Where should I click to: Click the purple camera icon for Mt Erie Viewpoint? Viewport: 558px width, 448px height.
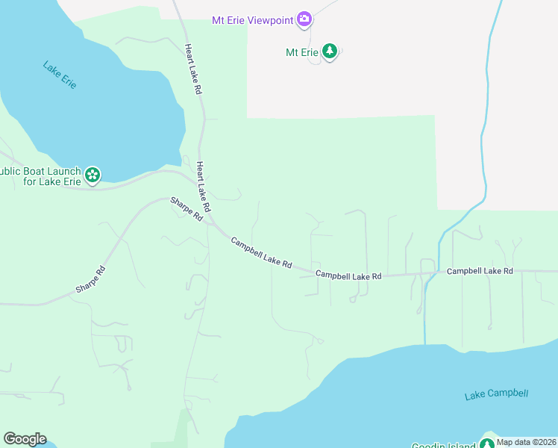pos(304,19)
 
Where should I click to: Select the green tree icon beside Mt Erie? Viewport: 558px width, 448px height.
pos(330,52)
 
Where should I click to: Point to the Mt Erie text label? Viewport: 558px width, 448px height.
pos(302,52)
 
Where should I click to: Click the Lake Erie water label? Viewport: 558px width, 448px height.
pos(60,75)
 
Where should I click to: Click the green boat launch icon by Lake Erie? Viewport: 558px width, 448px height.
pos(93,175)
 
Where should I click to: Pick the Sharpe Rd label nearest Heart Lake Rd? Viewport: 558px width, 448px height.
pos(186,209)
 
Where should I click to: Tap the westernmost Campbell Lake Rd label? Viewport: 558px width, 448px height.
pos(261,253)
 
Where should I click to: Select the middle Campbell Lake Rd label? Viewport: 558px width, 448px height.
pos(348,276)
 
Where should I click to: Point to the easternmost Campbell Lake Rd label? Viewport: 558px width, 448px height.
pos(480,271)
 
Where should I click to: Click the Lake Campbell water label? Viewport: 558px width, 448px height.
pos(496,394)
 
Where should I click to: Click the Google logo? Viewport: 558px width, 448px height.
pos(25,439)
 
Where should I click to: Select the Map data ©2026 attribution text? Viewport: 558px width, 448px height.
pos(527,442)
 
